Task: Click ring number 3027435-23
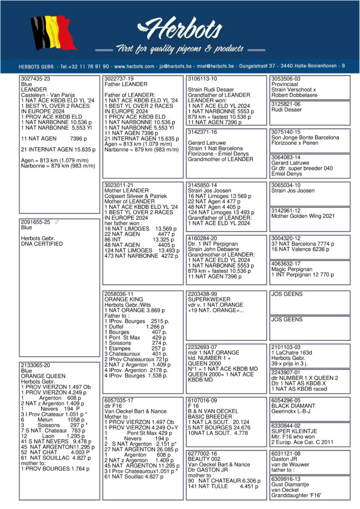click(x=36, y=79)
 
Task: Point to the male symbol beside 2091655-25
click(x=57, y=222)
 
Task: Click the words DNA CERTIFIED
click(x=42, y=244)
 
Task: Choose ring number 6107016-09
click(x=203, y=400)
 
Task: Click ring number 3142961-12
click(x=286, y=211)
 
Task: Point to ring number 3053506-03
click(x=286, y=79)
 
